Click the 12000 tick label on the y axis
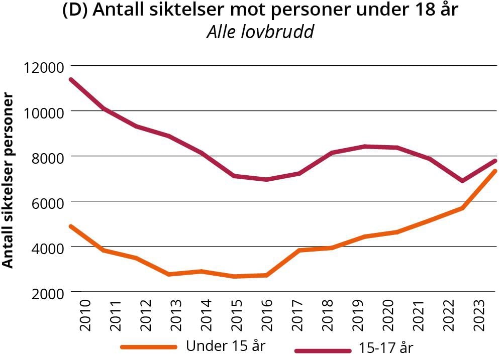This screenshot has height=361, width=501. (x=42, y=66)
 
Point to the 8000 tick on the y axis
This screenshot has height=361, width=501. (x=45, y=157)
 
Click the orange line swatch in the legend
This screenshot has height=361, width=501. (x=149, y=347)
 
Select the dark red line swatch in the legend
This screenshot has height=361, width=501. (x=322, y=349)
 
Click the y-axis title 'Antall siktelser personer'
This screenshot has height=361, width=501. (x=9, y=179)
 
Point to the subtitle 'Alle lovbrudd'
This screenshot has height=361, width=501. (x=260, y=32)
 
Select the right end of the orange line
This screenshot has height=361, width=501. (x=496, y=171)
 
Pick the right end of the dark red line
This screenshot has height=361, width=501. (x=496, y=161)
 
